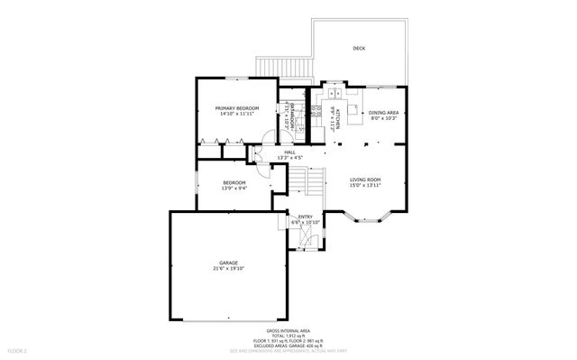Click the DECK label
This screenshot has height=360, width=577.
tap(359, 47)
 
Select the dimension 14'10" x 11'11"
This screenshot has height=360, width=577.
tap(237, 115)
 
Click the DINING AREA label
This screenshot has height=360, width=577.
tap(383, 113)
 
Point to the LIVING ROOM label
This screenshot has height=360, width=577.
tap(365, 180)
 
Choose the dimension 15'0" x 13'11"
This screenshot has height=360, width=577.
tap(365, 186)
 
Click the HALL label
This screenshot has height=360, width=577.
tap(290, 153)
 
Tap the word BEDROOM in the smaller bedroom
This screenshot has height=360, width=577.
tap(234, 182)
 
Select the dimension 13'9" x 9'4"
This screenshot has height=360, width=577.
tap(234, 189)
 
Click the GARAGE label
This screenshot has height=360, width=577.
tap(228, 263)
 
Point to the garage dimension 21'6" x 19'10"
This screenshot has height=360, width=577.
tap(228, 268)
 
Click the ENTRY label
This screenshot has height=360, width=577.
tap(305, 217)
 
